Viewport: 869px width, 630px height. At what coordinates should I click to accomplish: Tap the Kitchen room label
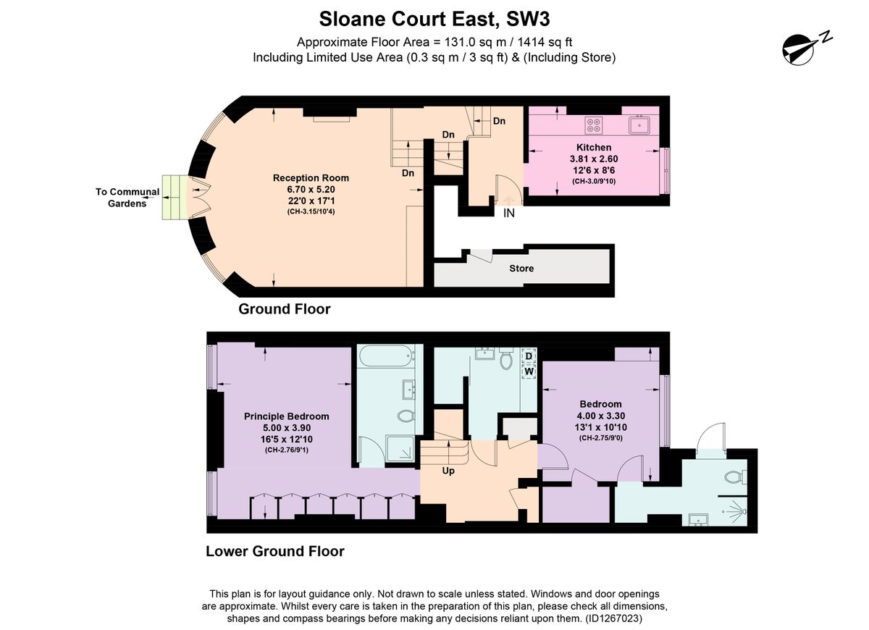click(594, 148)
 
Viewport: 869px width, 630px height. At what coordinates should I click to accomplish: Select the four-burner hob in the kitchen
click(593, 125)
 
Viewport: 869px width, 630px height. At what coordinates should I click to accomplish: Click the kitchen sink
click(639, 125)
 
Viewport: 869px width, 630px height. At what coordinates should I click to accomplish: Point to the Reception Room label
click(311, 178)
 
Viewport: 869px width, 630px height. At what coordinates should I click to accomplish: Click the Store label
click(521, 269)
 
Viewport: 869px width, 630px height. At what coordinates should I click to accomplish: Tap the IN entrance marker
click(508, 213)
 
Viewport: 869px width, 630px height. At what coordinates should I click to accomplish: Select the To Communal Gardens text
click(127, 198)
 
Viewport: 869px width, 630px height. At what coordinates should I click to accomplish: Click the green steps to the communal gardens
click(175, 198)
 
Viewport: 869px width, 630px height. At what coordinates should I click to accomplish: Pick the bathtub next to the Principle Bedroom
click(385, 356)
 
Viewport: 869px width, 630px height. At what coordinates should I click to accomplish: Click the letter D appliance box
click(529, 356)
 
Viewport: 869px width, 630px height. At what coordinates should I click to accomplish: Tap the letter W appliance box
click(529, 371)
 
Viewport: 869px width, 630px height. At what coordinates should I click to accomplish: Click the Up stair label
click(448, 471)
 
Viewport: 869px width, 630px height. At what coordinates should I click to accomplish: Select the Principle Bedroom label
click(286, 416)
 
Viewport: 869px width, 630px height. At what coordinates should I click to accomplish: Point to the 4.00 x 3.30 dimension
click(600, 416)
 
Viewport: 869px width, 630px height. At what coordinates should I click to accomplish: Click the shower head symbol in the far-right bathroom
click(736, 512)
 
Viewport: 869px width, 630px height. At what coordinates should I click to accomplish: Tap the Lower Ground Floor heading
click(275, 551)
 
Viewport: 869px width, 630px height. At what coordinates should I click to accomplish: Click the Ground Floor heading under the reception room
click(285, 309)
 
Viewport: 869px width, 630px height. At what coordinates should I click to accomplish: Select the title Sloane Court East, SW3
click(434, 19)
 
